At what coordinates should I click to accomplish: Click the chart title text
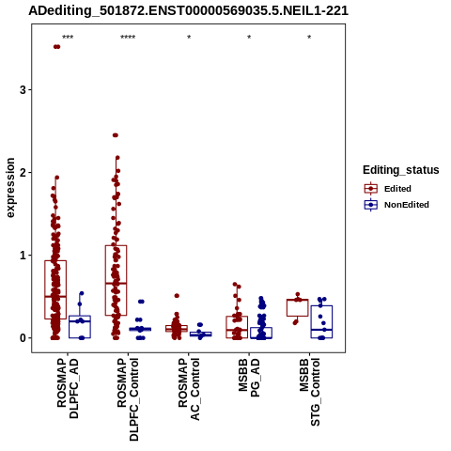[x=188, y=11]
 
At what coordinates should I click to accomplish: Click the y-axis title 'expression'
[x=10, y=188]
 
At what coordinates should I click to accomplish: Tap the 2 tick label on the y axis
[x=23, y=173]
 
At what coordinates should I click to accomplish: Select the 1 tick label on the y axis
[x=23, y=256]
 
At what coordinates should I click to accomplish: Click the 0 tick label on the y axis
[x=23, y=338]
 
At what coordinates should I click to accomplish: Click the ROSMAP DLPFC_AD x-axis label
[x=68, y=388]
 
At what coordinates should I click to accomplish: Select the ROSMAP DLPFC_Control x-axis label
[x=128, y=399]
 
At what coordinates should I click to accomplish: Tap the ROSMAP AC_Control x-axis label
[x=189, y=389]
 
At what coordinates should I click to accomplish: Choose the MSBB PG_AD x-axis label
[x=249, y=378]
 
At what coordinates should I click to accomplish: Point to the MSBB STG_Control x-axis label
[x=309, y=392]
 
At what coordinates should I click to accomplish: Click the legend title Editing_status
[x=401, y=170]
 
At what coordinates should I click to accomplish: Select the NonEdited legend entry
[x=397, y=205]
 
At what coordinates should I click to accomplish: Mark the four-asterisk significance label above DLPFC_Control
[x=128, y=38]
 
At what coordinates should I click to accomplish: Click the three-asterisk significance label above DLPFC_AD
[x=68, y=38]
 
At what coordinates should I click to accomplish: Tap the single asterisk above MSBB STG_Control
[x=309, y=38]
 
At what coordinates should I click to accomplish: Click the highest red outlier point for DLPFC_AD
[x=56, y=47]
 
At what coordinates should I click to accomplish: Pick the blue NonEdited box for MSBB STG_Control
[x=321, y=322]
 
